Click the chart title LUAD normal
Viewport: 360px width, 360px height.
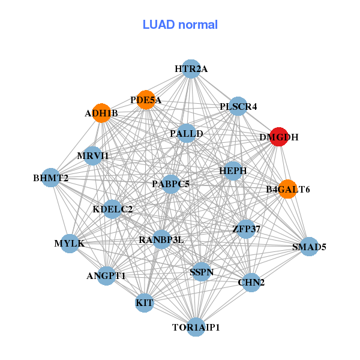(x=180, y=25)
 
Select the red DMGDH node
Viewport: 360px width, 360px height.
(x=278, y=136)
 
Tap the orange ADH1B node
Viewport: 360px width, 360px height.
(x=102, y=113)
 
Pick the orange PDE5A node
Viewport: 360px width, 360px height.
(x=146, y=100)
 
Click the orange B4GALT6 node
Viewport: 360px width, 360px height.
(x=287, y=189)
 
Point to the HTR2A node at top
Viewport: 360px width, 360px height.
(x=191, y=69)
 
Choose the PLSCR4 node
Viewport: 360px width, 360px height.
(x=238, y=106)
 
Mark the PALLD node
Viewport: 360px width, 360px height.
(x=187, y=133)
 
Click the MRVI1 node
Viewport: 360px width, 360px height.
(x=93, y=156)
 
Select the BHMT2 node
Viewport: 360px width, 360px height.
(x=51, y=178)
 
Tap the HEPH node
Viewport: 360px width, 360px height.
(x=233, y=171)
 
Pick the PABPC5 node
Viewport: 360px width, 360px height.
(x=171, y=184)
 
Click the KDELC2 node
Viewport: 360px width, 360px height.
(x=113, y=209)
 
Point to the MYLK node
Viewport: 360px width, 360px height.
(x=70, y=243)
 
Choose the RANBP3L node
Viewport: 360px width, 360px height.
(x=161, y=239)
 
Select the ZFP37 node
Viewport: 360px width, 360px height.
(x=246, y=229)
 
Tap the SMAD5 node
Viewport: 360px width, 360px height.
(x=308, y=246)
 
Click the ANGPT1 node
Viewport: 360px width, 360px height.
(x=106, y=275)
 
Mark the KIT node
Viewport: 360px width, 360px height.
(x=145, y=302)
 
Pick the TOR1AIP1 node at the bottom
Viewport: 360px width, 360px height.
(x=196, y=327)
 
